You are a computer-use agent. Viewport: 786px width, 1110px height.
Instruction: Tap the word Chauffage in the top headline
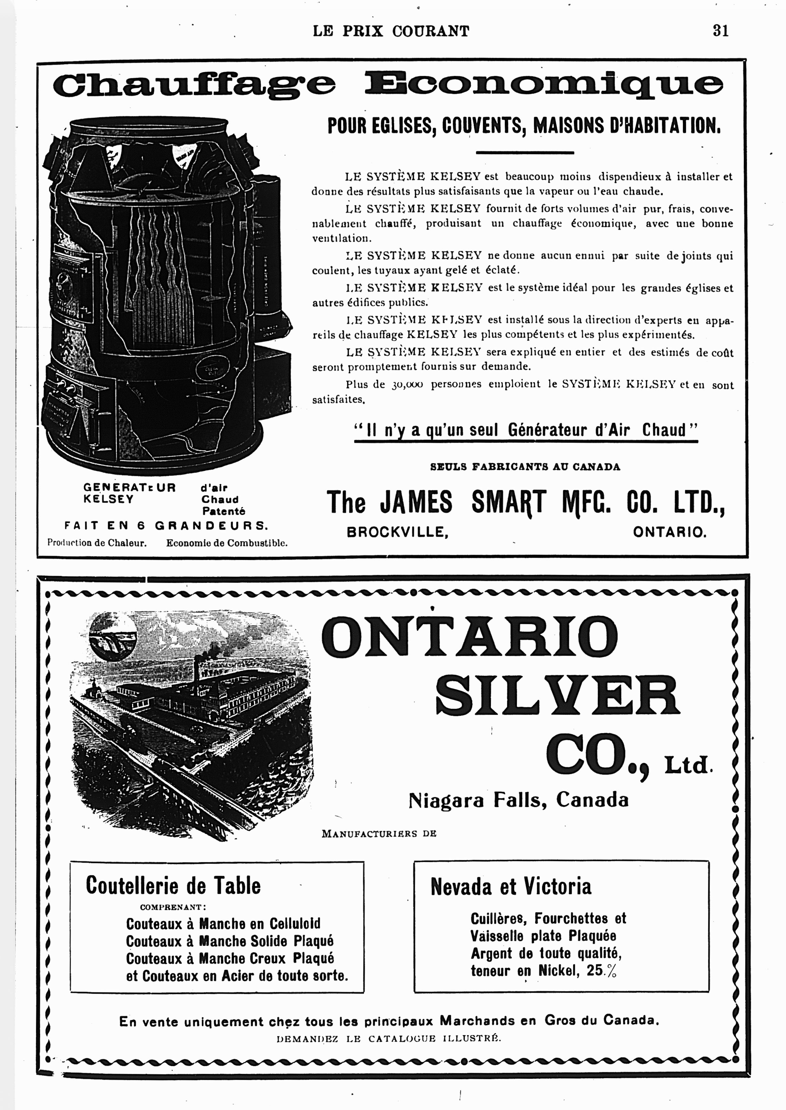point(194,84)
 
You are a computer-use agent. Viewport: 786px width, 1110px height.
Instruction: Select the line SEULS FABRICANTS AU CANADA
point(525,467)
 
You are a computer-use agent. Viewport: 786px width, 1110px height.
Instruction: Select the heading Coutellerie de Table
point(173,886)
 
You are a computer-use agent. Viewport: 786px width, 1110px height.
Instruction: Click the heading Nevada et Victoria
point(511,886)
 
